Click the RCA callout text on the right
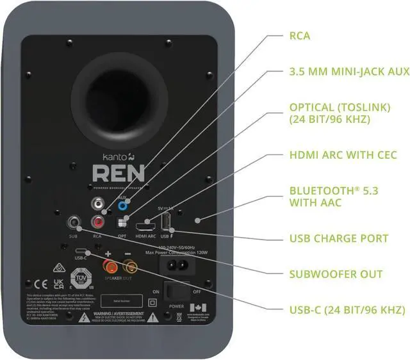(x=299, y=36)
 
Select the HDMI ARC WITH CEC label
(x=343, y=155)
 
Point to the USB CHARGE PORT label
(x=339, y=238)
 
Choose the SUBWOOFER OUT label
(x=336, y=274)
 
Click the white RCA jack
(x=99, y=206)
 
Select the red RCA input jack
(x=99, y=223)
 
